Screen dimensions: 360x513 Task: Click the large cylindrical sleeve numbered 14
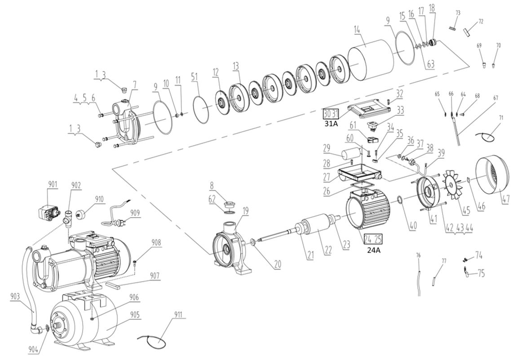(371, 59)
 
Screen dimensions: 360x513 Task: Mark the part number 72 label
(481, 22)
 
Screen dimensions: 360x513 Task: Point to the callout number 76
(418, 255)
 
